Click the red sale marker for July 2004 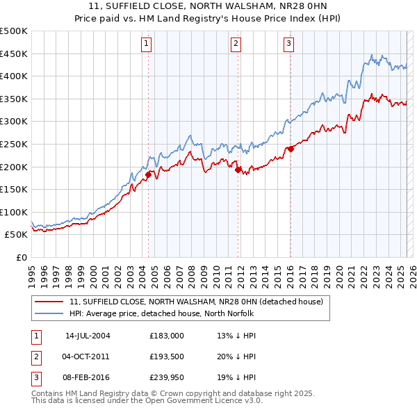(148, 174)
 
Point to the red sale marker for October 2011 (238, 170)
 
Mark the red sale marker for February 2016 (291, 148)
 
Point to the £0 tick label (22, 257)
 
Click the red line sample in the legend (49, 302)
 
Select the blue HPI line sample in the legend (49, 313)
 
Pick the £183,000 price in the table (167, 336)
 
